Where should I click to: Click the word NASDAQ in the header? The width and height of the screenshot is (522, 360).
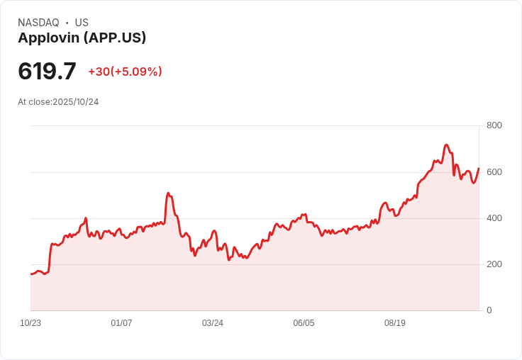coord(38,23)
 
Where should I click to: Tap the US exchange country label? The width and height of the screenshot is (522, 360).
coord(82,23)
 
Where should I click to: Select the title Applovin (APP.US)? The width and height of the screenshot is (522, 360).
coord(82,38)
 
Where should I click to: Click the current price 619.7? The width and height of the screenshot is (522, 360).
coord(47,72)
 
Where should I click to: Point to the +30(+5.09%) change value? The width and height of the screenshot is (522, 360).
coord(125,72)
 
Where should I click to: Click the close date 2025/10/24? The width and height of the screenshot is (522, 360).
coord(76,102)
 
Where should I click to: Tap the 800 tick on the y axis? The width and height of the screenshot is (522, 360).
coord(494,125)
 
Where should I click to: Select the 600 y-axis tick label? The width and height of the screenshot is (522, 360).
coord(494,172)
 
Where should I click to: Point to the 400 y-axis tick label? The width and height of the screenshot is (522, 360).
coord(494,218)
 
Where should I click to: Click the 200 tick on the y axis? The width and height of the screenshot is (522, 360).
coord(494,264)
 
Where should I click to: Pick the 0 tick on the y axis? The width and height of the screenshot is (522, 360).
coord(489,310)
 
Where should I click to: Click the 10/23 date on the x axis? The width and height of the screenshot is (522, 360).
coord(30,323)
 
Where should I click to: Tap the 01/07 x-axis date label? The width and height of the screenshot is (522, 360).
coord(121,323)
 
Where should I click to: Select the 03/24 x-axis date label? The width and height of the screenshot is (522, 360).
coord(213,323)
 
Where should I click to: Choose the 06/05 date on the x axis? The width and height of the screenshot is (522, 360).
coord(304,323)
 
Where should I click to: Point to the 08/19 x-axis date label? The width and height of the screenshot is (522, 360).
coord(394,323)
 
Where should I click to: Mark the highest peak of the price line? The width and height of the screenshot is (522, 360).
coord(446,145)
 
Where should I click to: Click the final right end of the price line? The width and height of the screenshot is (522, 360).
coord(479,169)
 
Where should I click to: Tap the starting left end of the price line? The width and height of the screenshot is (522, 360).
coord(31,274)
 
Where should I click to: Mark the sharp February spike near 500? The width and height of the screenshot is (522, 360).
coord(168,193)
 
